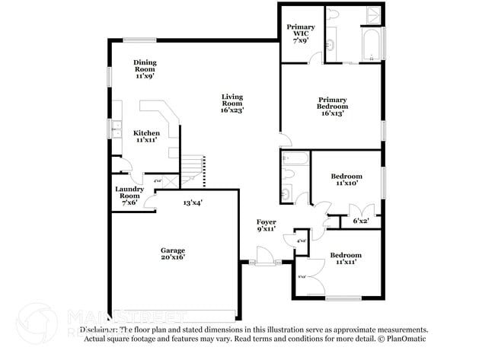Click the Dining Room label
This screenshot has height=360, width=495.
pyautogui.click(x=145, y=68)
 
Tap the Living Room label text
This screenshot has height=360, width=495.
pyautogui.click(x=232, y=103)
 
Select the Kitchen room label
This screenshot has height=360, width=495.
pyautogui.click(x=147, y=136)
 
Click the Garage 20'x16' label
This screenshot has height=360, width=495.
pyautogui.click(x=172, y=253)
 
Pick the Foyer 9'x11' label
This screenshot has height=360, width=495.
pyautogui.click(x=266, y=225)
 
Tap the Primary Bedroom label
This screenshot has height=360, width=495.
pyautogui.click(x=333, y=106)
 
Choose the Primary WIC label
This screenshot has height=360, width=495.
pyautogui.click(x=300, y=32)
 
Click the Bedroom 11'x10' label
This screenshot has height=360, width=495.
pyautogui.click(x=346, y=179)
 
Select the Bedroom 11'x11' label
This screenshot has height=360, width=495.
pyautogui.click(x=345, y=258)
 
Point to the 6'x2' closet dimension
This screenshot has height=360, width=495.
pyautogui.click(x=361, y=221)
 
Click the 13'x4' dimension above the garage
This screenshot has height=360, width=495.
pyautogui.click(x=192, y=202)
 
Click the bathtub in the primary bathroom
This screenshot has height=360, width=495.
pyautogui.click(x=370, y=44)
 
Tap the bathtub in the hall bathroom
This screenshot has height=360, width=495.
pyautogui.click(x=295, y=159)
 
